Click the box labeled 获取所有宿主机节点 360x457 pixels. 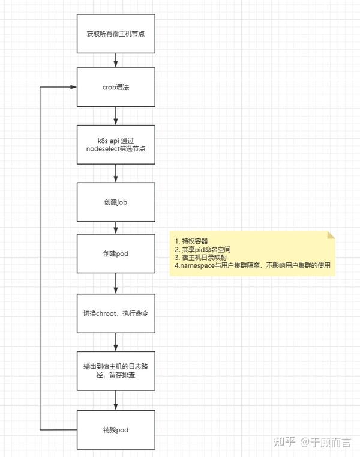116,34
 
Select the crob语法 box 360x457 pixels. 116,87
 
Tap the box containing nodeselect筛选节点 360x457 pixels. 116,145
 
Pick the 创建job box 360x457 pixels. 116,202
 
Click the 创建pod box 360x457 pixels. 116,253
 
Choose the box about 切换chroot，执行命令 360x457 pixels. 116,313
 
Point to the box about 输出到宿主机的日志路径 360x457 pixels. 116,371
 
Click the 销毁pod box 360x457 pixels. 116,430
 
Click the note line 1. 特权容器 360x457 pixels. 191,241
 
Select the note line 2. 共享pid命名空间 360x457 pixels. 202,249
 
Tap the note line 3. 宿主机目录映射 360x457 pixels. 200,258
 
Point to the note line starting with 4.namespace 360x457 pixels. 252,265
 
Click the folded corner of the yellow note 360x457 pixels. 331,235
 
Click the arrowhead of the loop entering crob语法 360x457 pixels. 73,87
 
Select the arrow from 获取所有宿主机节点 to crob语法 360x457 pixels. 116,60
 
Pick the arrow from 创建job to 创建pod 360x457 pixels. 116,228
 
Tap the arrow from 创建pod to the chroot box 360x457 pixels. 116,283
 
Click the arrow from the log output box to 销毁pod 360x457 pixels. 116,400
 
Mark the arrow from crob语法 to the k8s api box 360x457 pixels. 116,116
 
